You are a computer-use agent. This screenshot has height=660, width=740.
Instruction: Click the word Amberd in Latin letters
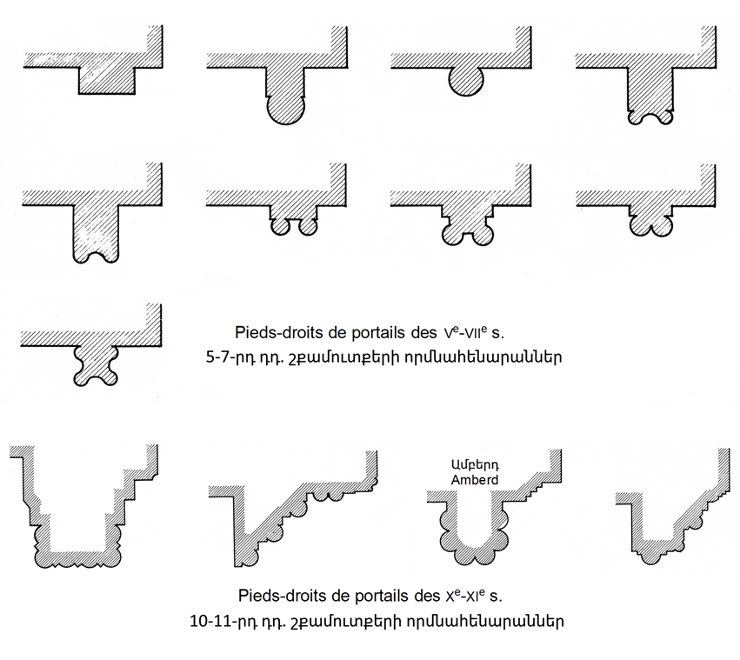474,480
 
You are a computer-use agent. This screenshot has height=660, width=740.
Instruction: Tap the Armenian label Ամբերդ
474,465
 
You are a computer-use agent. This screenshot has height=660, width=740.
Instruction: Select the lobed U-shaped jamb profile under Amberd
474,529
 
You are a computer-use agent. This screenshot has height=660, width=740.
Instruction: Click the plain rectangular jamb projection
107,81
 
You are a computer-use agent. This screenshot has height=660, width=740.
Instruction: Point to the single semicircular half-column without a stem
466,82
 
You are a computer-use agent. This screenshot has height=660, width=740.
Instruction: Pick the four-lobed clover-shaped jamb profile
96,366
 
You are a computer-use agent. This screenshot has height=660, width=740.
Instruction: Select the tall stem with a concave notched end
96,234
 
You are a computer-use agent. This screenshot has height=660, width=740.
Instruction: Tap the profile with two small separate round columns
294,224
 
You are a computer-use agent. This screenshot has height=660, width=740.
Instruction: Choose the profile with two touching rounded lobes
651,223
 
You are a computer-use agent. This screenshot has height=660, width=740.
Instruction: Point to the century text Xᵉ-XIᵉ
465,596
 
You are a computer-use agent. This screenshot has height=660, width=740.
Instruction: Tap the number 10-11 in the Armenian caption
207,620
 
